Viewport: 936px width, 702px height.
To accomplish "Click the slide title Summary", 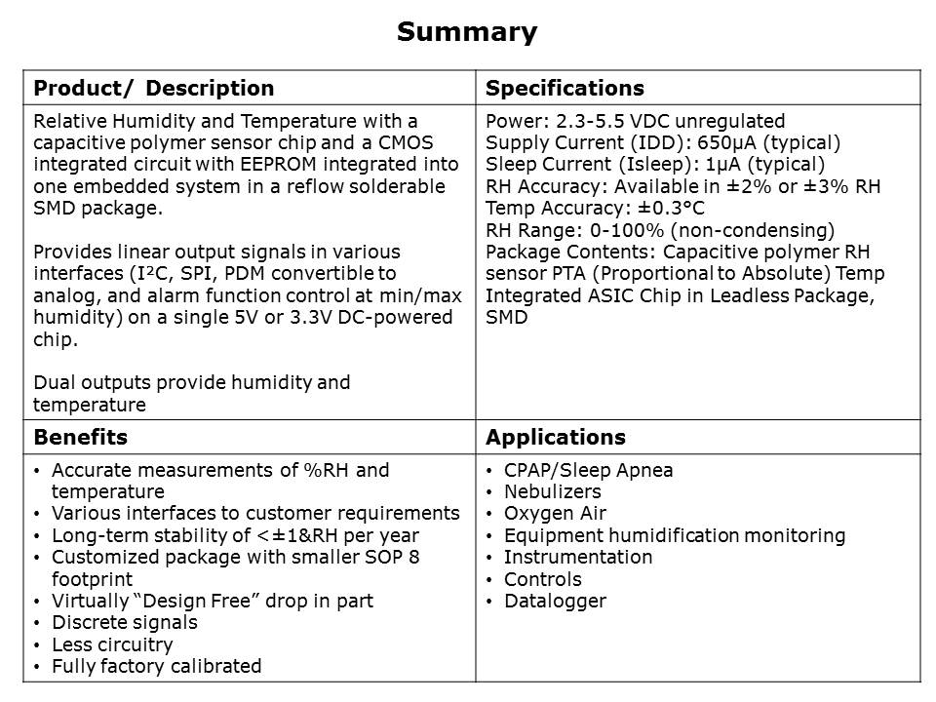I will [466, 32].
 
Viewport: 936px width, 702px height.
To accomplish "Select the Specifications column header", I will [565, 89].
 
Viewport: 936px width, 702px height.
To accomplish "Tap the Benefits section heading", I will [80, 437].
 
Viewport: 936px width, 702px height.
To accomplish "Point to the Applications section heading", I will [555, 437].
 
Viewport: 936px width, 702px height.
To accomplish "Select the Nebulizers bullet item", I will [552, 491].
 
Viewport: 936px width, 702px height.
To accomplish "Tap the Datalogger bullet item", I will [554, 601].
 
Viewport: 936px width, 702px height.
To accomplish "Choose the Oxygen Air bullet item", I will [555, 513].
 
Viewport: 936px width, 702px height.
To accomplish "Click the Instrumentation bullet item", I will [577, 557].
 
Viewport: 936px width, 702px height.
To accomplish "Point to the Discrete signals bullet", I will [124, 622].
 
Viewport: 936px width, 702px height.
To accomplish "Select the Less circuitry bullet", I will [112, 644].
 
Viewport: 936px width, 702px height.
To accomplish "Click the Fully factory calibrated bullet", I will [156, 667].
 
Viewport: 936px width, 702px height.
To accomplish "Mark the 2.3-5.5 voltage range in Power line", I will [590, 121].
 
